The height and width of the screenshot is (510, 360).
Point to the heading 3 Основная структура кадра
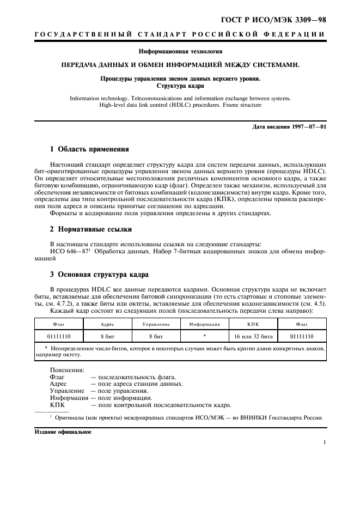99,274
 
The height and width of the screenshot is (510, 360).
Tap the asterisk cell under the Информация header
204,336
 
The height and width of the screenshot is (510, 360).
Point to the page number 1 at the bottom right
324,442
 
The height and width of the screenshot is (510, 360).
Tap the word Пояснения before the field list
64,370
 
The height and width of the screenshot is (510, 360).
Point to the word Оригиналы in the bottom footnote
71,418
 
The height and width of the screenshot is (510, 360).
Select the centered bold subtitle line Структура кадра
180,86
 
